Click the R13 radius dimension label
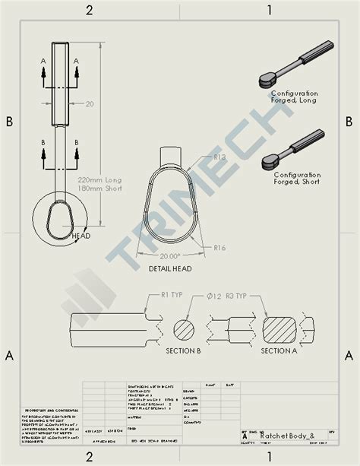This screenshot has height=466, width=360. point(220,157)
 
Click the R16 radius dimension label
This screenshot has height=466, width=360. point(220,248)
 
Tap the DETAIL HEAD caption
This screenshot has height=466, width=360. point(170,268)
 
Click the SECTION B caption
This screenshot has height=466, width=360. point(183,351)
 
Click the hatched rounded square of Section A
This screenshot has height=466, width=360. point(283,330)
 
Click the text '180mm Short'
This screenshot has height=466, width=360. point(99,190)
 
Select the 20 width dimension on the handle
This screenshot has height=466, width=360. point(90,104)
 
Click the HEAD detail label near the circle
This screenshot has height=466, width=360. point(81,236)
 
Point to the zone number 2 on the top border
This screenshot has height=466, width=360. point(89,10)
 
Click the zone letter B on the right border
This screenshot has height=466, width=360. point(349,122)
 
